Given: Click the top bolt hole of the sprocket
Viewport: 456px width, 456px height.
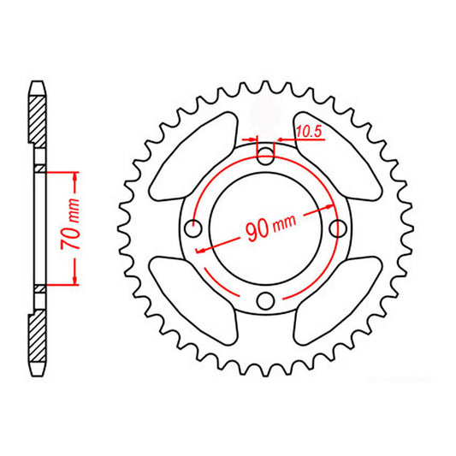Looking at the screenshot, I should [267, 156].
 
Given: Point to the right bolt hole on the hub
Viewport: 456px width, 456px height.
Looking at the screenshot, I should [339, 228].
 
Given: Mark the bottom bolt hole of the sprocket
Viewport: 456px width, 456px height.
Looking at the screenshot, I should [267, 299].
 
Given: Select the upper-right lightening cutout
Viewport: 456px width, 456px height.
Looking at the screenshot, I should [336, 156].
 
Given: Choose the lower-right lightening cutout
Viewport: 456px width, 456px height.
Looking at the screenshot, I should [336, 299].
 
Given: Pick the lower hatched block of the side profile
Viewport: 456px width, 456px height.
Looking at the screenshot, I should [38, 339].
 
